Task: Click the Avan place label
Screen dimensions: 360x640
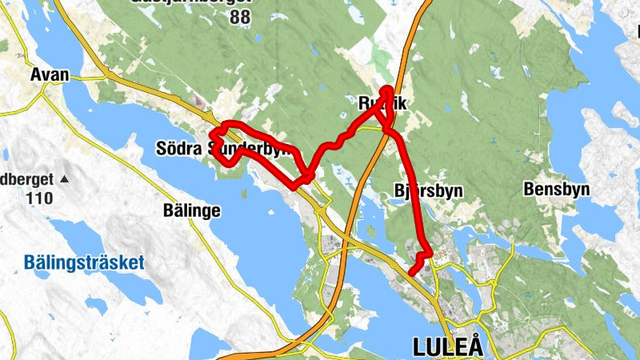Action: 50,75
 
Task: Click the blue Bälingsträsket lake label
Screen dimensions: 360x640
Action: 84,262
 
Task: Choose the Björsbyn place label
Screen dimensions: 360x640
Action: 430,191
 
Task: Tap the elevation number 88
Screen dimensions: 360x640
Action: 239,18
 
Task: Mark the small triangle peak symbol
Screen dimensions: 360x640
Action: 64,178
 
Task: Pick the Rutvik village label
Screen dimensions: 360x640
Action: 382,104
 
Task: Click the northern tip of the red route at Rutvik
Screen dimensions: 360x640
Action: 387,88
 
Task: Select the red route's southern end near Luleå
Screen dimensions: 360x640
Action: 411,274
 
